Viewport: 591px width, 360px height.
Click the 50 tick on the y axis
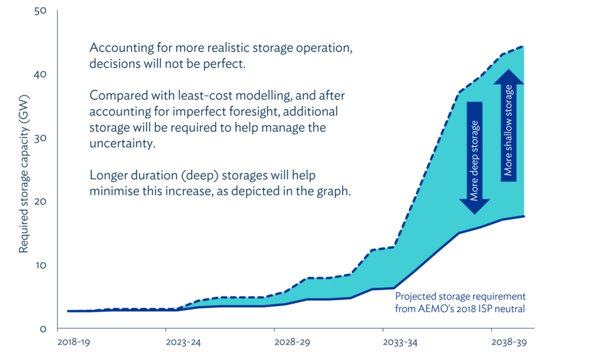tap(40, 11)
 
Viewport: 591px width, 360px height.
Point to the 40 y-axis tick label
tap(40, 75)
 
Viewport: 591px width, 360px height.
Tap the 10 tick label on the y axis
tap(41, 265)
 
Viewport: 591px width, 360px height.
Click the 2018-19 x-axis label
tap(74, 342)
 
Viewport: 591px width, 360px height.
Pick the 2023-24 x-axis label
tap(183, 342)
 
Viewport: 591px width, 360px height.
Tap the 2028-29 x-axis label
tap(292, 342)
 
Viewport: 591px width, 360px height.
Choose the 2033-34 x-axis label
tap(400, 342)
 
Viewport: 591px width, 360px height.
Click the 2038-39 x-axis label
tap(509, 342)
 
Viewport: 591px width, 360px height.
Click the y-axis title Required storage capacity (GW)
tap(24, 174)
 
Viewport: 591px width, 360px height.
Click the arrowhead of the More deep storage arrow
tap(474, 207)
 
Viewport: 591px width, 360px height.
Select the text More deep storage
tap(474, 160)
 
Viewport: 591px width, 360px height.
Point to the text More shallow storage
tap(508, 130)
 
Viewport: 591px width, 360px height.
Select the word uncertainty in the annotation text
tap(122, 143)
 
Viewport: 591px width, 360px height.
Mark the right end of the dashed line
tap(523, 46)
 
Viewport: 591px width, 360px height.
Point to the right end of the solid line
tap(524, 216)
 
